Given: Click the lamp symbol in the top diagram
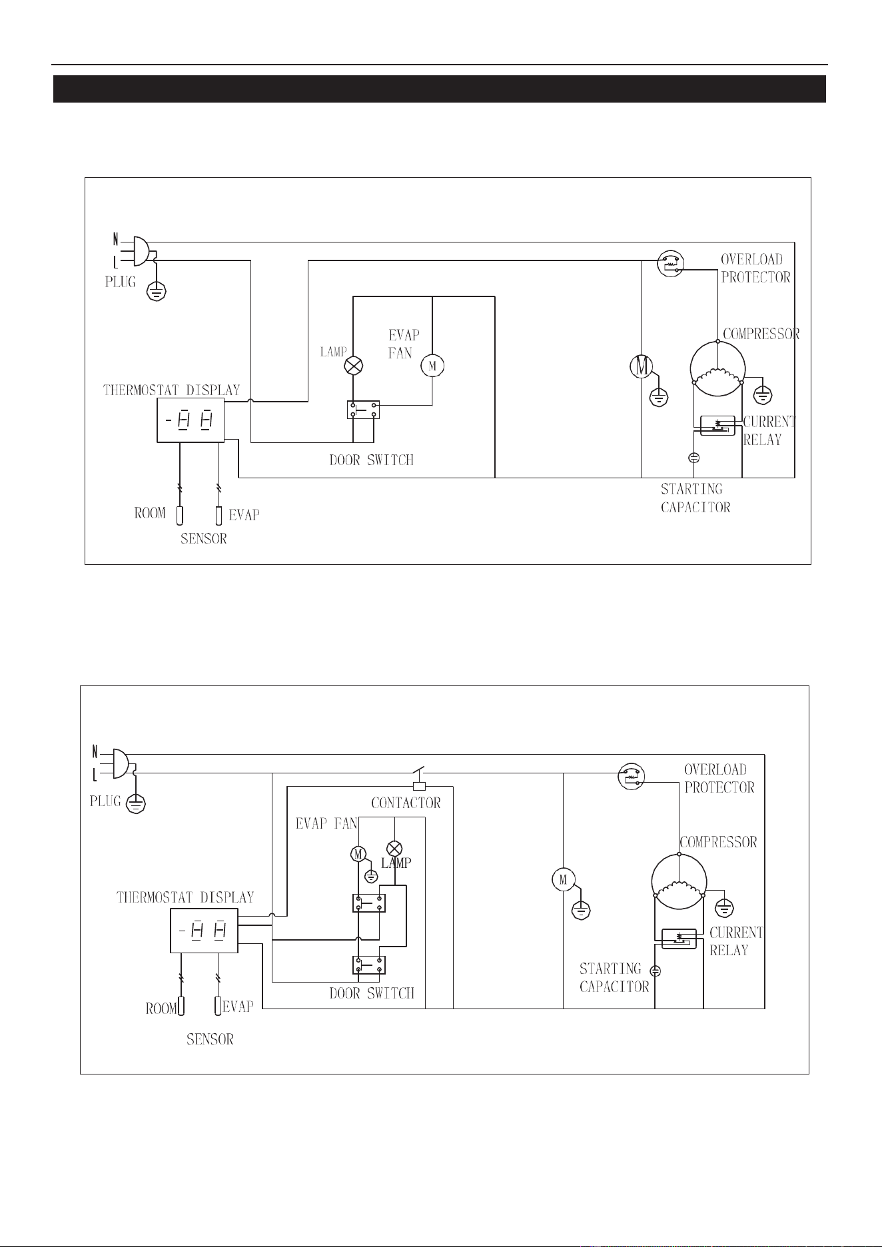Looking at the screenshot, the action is coord(353,365).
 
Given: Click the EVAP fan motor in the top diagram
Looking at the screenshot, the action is coord(433,365).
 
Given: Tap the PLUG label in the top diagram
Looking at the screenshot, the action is coord(121,282).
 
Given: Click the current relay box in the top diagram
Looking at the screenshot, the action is coord(717,425).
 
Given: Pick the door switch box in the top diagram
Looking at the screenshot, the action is coord(363,410).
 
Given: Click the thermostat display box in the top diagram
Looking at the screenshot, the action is coord(191,420).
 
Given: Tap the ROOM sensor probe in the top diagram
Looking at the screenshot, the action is coord(180,515).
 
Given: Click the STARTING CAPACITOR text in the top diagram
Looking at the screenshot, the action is coord(695,498).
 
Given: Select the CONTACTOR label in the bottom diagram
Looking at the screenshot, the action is coord(406,803).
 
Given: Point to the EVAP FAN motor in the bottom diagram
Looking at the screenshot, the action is coord(358,853).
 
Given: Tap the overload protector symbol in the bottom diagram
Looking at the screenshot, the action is coord(631,775).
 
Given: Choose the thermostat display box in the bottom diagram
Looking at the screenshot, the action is coord(204,930).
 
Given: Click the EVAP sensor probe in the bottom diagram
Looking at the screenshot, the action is coord(218,1005).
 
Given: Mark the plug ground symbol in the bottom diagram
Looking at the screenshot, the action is coord(136,804).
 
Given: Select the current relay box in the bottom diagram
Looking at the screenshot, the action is coord(679,939).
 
